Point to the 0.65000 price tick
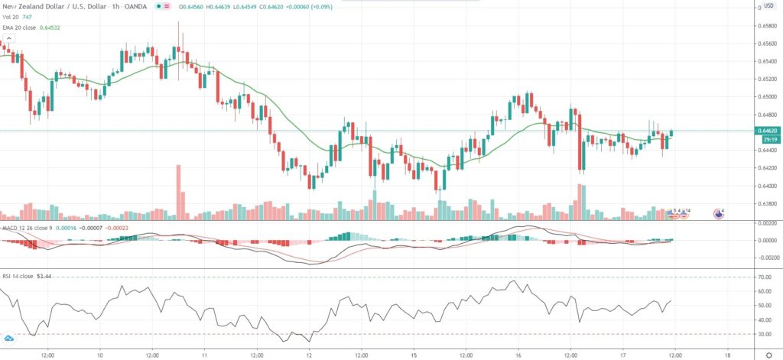pos(767,97)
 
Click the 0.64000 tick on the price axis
pos(767,186)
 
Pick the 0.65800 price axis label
pos(767,25)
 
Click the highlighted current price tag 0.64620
pos(767,131)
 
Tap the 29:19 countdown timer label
pos(767,139)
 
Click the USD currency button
pos(767,7)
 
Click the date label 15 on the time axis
pos(414,355)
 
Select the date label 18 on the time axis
pos(727,355)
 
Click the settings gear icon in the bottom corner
pos(768,355)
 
